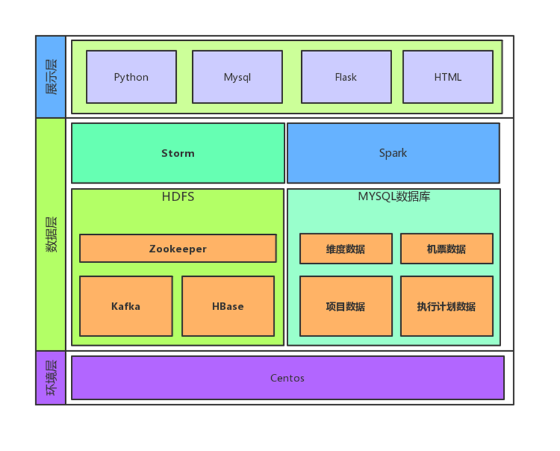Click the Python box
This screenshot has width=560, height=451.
pyautogui.click(x=132, y=77)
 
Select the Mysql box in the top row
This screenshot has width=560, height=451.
pyautogui.click(x=237, y=77)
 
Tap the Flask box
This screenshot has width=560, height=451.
pyautogui.click(x=346, y=77)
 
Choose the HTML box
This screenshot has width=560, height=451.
pyautogui.click(x=448, y=77)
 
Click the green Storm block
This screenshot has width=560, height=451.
pyautogui.click(x=179, y=153)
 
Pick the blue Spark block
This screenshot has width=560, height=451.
pyautogui.click(x=393, y=153)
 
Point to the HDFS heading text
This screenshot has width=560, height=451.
pyautogui.click(x=178, y=197)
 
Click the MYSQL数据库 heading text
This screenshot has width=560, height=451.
pyautogui.click(x=394, y=197)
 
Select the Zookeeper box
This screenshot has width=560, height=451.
pyautogui.click(x=178, y=249)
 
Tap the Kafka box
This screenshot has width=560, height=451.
pyautogui.click(x=126, y=306)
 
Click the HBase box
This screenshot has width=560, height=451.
pyautogui.click(x=228, y=306)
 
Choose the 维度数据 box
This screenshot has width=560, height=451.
pyautogui.click(x=346, y=249)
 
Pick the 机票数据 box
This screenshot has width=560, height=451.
pyautogui.click(x=447, y=249)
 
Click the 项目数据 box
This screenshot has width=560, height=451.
pyautogui.click(x=346, y=306)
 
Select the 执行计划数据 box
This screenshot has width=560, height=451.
pyautogui.click(x=447, y=306)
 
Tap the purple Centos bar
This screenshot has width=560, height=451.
pyautogui.click(x=288, y=378)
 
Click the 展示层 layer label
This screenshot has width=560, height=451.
pyautogui.click(x=51, y=77)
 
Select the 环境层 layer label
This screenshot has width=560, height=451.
pyautogui.click(x=51, y=378)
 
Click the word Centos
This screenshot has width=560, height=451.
pyautogui.click(x=288, y=378)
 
